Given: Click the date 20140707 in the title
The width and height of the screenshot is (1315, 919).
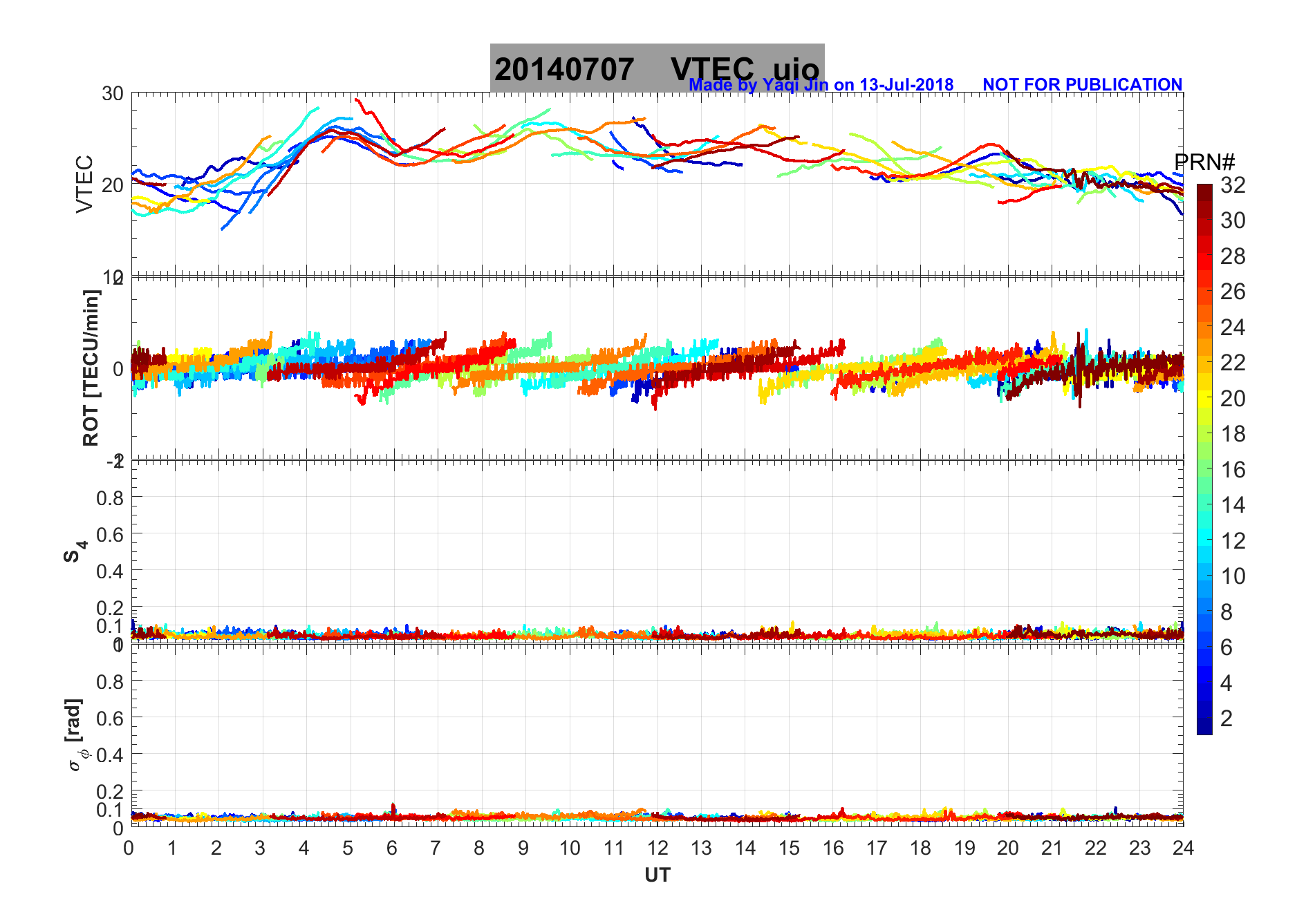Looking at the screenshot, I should coord(563,70).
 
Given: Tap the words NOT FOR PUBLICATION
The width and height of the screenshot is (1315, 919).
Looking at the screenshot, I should coord(1082,84).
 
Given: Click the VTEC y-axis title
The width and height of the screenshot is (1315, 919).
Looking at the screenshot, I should coord(84,184).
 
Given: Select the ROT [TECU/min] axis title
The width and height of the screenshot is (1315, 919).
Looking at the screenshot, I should coord(91,368).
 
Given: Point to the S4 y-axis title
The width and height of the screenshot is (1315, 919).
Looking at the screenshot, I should coord(75,551).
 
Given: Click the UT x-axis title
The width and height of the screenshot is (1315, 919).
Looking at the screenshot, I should coord(657,875).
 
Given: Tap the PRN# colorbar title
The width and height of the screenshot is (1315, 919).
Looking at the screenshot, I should coord(1204,162).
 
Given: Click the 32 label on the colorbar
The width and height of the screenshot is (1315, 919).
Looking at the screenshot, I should coord(1233,184).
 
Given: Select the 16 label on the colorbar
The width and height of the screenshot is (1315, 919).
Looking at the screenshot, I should coord(1233,470).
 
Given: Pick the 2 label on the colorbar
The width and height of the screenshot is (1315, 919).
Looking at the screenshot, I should coord(1227,719).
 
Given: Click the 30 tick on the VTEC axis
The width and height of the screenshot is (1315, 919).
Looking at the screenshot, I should coord(113,93).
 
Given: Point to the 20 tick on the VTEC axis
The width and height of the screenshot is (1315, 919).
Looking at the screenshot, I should coord(113,184).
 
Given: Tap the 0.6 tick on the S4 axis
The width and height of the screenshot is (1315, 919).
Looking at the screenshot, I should coord(110,534).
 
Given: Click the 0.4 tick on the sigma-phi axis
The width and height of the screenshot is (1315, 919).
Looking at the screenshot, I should coord(110,755).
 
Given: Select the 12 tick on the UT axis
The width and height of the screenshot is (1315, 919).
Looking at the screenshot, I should coord(657,848).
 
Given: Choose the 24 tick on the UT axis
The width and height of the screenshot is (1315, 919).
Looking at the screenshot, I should coord(1183,848).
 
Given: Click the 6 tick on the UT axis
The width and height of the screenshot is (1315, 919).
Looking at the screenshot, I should coord(392,848).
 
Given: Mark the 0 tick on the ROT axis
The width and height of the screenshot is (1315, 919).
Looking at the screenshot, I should coord(118,368).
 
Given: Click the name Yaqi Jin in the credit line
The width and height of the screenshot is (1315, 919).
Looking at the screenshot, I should coord(794,85).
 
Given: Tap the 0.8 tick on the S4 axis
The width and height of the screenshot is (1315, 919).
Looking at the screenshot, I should coord(110,498).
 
